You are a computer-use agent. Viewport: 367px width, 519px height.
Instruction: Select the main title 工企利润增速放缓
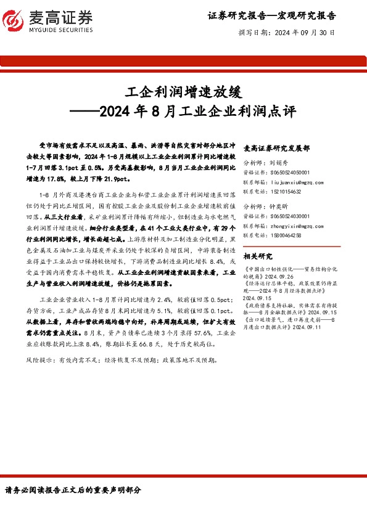(x=183, y=92)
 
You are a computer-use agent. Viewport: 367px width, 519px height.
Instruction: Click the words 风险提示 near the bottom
(x=39, y=359)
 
